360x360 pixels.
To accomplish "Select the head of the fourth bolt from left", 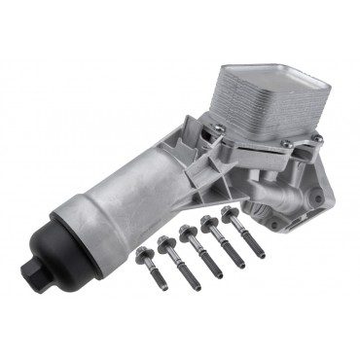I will pos(207,222).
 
